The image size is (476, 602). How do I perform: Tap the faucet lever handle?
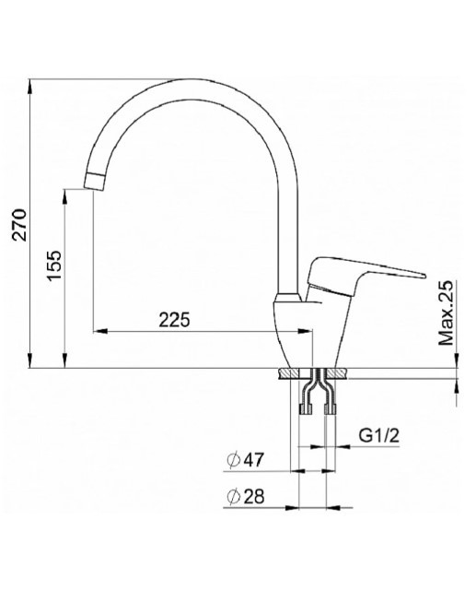tap(368, 272)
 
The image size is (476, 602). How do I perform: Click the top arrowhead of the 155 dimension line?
tap(66, 192)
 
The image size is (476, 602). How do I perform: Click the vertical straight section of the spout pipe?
tap(289, 240)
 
